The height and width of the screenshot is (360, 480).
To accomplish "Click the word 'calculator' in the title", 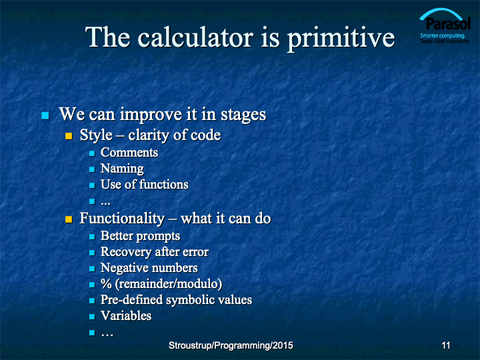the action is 195,37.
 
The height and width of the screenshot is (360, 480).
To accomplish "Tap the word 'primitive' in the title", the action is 341,39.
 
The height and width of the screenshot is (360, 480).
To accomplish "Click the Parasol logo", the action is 445,26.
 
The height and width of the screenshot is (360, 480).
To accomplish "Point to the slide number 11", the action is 446,345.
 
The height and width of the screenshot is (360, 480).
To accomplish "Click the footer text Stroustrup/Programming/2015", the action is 231,345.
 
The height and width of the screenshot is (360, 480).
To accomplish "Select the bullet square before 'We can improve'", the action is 45,115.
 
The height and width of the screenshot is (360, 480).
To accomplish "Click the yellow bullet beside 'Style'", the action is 69,136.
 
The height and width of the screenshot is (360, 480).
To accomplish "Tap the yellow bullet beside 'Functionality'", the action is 69,219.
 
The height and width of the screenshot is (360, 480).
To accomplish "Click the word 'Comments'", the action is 129,153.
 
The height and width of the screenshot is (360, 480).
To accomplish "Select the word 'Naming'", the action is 122,169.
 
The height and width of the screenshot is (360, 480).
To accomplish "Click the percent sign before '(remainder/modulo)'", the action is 106,284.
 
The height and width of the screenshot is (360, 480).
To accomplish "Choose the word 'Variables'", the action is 126,315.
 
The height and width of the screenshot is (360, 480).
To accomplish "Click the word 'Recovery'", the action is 126,252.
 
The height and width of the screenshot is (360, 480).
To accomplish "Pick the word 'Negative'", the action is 124,268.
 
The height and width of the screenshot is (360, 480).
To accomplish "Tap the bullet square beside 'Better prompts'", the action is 92,237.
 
